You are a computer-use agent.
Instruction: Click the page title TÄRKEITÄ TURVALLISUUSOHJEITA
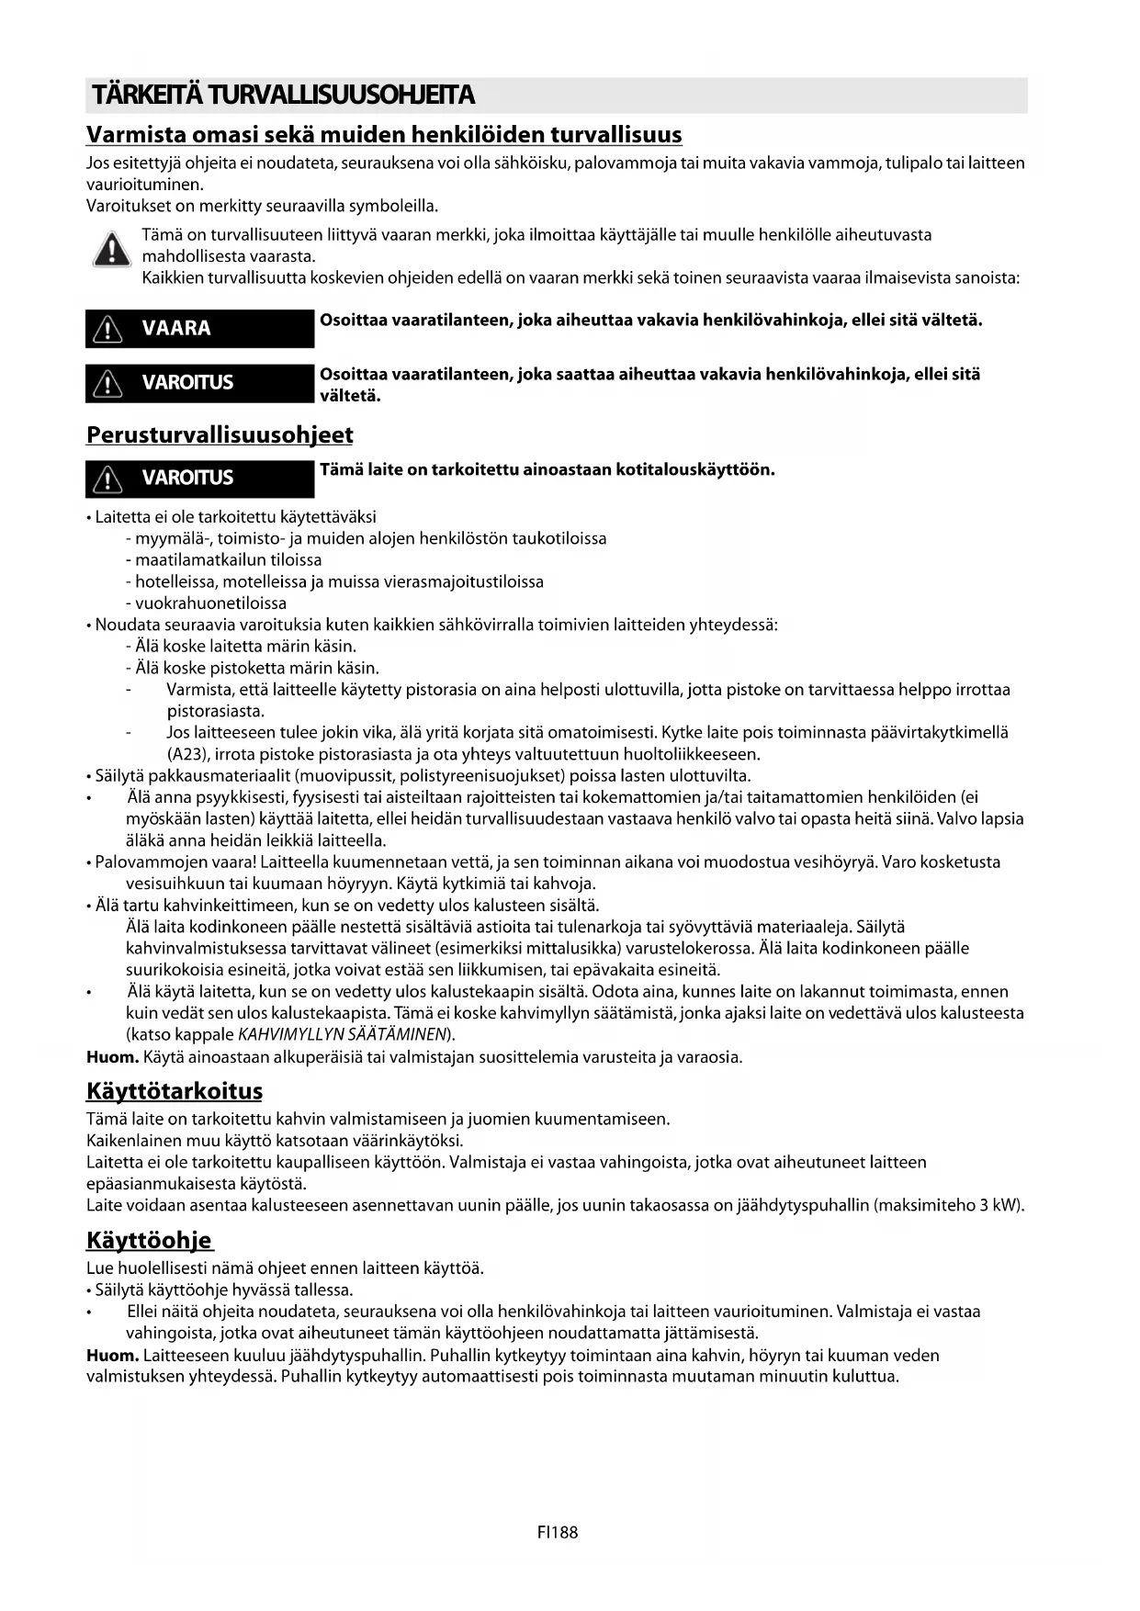[x=280, y=96]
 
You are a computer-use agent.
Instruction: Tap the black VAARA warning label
[x=199, y=328]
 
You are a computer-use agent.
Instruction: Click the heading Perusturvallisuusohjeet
[x=220, y=434]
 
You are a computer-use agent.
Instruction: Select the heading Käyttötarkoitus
[x=175, y=1091]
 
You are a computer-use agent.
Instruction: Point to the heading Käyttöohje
[x=149, y=1240]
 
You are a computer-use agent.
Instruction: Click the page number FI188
[x=558, y=1532]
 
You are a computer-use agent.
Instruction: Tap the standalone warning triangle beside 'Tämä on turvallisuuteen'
[x=111, y=249]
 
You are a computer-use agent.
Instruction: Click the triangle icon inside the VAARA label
[x=108, y=329]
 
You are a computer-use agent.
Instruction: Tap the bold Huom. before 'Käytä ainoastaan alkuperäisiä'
[x=112, y=1057]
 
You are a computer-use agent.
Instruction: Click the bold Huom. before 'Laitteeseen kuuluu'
[x=112, y=1355]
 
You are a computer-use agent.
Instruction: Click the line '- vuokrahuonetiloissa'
[x=206, y=603]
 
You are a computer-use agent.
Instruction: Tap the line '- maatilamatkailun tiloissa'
[x=223, y=560]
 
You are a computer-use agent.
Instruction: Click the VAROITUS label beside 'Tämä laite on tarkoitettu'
[x=199, y=478]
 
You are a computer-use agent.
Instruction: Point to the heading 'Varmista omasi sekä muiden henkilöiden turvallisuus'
[x=384, y=135]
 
